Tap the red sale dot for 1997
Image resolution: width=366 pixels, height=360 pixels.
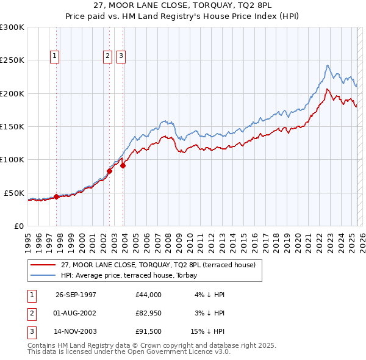(56, 196)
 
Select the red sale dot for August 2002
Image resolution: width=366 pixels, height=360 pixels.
(109, 171)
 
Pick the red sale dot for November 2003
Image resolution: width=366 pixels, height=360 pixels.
(123, 165)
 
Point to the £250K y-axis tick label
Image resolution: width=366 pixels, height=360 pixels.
(12, 60)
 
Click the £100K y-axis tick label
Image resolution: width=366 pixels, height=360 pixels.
(12, 160)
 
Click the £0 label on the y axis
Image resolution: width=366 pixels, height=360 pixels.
(18, 226)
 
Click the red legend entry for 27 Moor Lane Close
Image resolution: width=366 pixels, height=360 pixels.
(161, 265)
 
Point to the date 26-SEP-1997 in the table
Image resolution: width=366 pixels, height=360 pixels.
(76, 295)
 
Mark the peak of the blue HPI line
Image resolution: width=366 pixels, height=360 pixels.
(328, 65)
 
